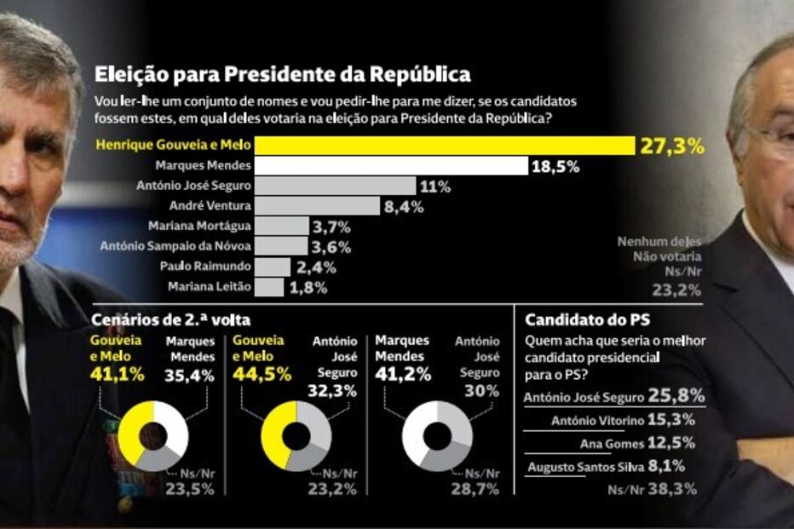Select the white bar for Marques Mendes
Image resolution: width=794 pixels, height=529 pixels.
[392, 165]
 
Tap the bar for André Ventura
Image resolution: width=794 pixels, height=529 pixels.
[318, 205]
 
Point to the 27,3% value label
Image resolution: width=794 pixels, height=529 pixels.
[673, 146]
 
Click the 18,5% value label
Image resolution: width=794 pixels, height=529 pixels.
[555, 166]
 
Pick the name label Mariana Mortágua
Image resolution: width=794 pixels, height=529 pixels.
[198, 227]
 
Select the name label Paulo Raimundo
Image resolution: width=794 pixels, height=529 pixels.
[204, 267]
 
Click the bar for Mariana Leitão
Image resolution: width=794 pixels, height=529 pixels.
[269, 287]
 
